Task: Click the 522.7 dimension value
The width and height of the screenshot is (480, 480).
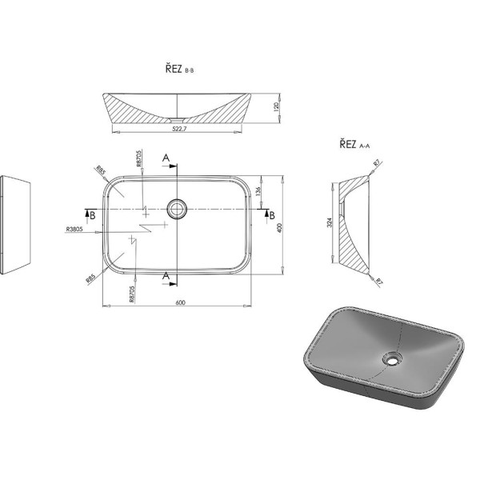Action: pos(179,129)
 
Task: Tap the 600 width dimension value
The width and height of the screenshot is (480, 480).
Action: pos(180,302)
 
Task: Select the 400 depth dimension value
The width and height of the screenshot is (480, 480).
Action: pos(279,228)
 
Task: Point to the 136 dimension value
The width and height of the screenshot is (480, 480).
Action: pos(258,192)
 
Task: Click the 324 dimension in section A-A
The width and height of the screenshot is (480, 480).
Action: pos(330,222)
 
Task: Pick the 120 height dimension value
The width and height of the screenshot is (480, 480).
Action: pos(277,107)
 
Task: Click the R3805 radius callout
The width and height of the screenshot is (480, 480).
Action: pos(74,229)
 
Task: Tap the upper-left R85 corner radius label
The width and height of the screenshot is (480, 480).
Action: pos(101,171)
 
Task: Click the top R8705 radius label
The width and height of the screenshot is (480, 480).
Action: pos(139,158)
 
